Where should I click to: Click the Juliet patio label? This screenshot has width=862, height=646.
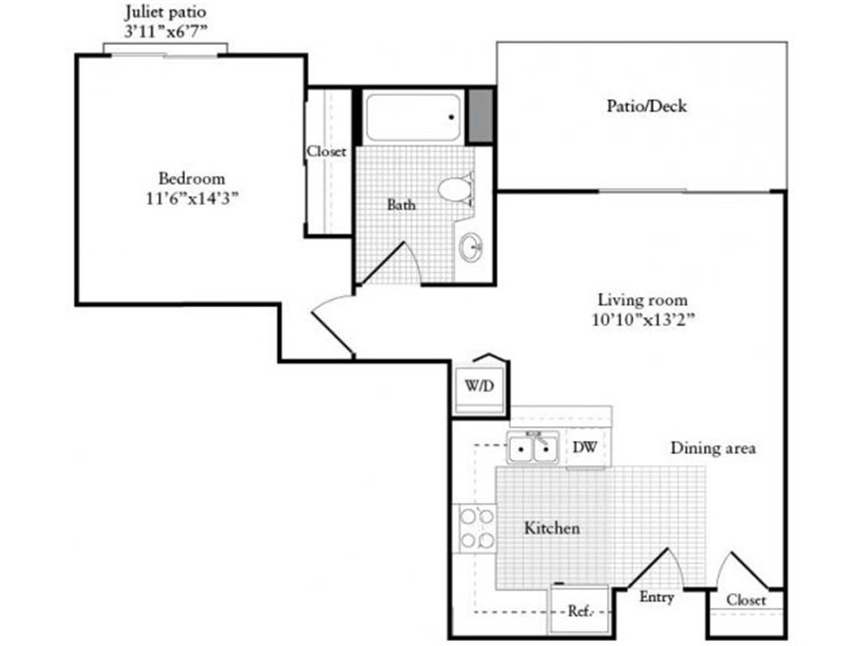(x=165, y=13)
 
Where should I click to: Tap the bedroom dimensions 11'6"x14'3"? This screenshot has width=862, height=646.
(x=192, y=198)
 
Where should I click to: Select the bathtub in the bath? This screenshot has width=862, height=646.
(x=412, y=117)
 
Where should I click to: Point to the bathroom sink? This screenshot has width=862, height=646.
(x=471, y=246)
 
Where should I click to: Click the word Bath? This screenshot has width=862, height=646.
(x=401, y=204)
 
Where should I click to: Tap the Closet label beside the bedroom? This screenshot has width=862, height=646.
(x=326, y=152)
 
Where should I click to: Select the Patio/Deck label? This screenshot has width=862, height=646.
(x=646, y=106)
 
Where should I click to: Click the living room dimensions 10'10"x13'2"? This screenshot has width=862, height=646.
(x=642, y=319)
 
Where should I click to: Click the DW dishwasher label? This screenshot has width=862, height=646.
(x=585, y=447)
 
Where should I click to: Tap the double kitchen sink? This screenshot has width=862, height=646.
(x=534, y=448)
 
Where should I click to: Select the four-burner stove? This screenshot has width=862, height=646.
(x=476, y=528)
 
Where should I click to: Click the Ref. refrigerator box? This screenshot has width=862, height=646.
(x=579, y=610)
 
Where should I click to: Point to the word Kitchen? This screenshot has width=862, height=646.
(x=552, y=528)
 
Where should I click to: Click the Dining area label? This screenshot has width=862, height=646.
(x=712, y=448)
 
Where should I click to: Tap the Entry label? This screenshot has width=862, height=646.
(x=657, y=597)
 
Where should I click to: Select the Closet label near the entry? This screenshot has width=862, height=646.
(x=746, y=600)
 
